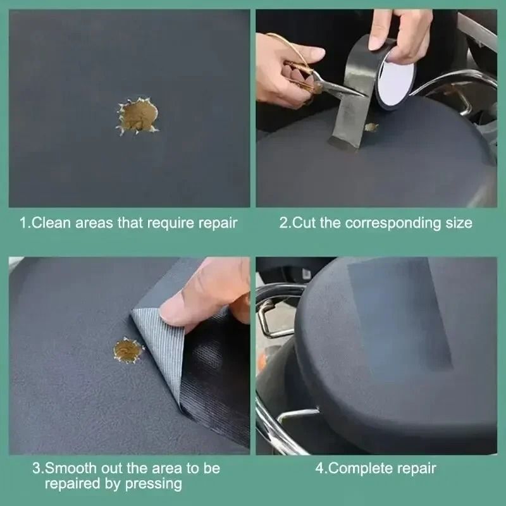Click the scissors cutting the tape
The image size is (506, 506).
316,79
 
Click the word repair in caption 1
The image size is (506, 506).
217,223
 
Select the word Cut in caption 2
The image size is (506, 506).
302,223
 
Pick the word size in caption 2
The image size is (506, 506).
457,223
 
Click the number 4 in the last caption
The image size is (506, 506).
319,469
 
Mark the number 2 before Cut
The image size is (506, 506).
283,223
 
